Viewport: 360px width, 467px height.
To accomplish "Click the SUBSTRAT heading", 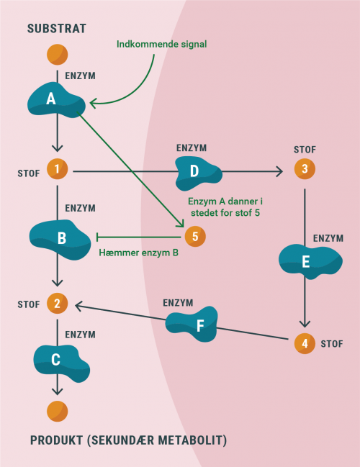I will pyautogui.click(x=56, y=29).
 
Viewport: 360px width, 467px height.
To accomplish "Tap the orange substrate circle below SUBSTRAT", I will pyautogui.click(x=57, y=55).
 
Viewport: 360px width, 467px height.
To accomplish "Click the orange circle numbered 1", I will pyautogui.click(x=57, y=171).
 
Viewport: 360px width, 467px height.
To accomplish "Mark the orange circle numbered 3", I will pyautogui.click(x=305, y=171).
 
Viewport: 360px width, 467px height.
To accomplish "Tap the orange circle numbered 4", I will pyautogui.click(x=305, y=343).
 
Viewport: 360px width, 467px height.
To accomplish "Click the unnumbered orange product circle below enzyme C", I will pyautogui.click(x=57, y=411).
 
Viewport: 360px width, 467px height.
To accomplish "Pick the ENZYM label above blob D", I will pyautogui.click(x=191, y=148).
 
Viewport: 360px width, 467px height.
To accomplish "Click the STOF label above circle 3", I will pyautogui.click(x=305, y=149).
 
